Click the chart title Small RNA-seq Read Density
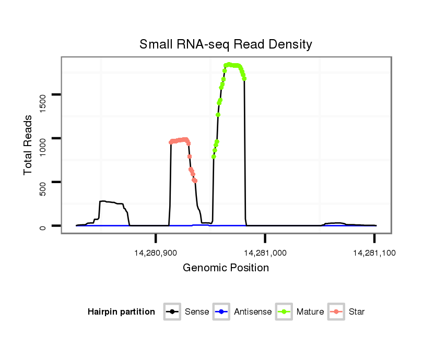[226, 44]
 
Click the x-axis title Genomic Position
[226, 268]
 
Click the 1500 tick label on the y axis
[43, 94]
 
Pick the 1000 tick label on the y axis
[43, 138]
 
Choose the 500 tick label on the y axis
[43, 182]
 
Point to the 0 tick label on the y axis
[43, 226]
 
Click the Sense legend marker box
[172, 312]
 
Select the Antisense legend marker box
[222, 312]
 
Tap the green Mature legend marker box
[284, 312]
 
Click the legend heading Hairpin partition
[121, 312]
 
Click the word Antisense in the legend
[253, 312]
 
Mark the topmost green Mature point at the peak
[229, 64]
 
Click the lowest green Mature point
[214, 157]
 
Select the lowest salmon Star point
[195, 181]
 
